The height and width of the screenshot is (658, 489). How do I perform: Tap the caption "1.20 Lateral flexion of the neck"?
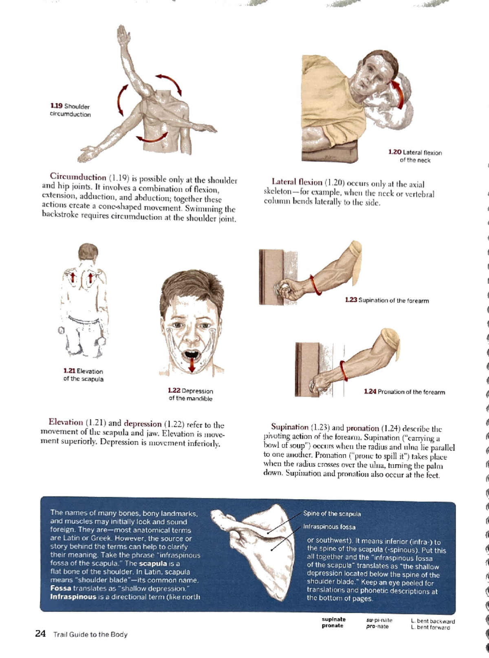tap(415, 156)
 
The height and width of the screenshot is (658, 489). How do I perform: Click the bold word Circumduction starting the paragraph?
tap(78, 177)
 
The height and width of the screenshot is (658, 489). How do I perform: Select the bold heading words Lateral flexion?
tap(297, 182)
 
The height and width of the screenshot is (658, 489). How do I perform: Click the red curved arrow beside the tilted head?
tap(399, 93)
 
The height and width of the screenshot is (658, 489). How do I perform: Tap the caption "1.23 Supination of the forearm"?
tap(387, 300)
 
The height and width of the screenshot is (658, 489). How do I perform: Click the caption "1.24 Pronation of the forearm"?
tap(404, 392)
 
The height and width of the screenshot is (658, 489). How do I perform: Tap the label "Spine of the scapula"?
tap(332, 514)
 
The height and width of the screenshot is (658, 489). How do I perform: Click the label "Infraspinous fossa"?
tap(329, 527)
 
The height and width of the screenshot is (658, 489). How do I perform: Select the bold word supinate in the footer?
tap(333, 619)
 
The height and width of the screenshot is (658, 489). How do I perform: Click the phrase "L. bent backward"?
tap(433, 621)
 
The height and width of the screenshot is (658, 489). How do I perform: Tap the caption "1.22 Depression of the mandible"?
tap(190, 395)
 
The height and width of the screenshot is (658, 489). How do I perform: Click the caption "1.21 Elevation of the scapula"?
tap(83, 375)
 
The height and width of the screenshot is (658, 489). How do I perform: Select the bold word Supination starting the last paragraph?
tap(290, 427)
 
